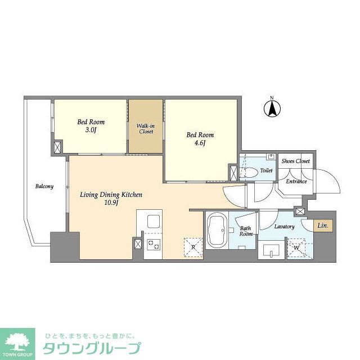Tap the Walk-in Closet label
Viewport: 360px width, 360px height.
(x=145, y=128)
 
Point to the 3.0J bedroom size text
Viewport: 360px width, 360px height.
(x=90, y=130)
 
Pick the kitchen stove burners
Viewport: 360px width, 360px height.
(x=154, y=244)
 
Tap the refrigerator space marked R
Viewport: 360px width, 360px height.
(x=193, y=247)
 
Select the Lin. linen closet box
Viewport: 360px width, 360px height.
(x=322, y=226)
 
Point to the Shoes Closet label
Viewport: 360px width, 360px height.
(x=296, y=161)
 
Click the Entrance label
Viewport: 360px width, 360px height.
(x=296, y=181)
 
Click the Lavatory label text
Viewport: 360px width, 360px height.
(x=285, y=227)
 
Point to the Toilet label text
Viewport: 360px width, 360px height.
(x=267, y=170)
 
